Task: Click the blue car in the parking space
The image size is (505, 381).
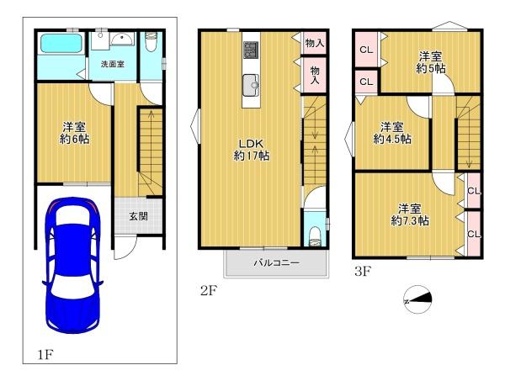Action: tap(72, 266)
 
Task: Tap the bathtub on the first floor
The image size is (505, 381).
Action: tap(61, 44)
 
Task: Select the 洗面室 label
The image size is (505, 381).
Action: tap(113, 64)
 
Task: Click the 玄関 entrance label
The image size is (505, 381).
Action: tap(139, 216)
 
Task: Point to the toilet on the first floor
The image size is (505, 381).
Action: tap(151, 41)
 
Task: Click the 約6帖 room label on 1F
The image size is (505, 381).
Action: tap(75, 133)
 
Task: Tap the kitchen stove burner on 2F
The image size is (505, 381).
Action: tap(251, 50)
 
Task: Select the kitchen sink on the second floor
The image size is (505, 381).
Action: tap(251, 85)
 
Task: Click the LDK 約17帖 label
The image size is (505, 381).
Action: tap(251, 150)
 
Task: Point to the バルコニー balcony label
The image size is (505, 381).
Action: tap(277, 263)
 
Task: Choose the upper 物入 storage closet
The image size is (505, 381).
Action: tap(315, 43)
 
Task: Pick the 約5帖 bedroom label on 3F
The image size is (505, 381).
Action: tap(430, 63)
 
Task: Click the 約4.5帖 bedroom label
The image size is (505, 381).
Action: tap(392, 133)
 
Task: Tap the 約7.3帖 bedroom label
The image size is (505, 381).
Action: tap(410, 214)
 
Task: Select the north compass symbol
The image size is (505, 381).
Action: tap(417, 299)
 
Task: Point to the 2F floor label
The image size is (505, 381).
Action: tap(209, 291)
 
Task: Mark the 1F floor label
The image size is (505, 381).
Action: tap(45, 355)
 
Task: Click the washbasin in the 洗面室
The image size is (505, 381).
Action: tap(122, 39)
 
